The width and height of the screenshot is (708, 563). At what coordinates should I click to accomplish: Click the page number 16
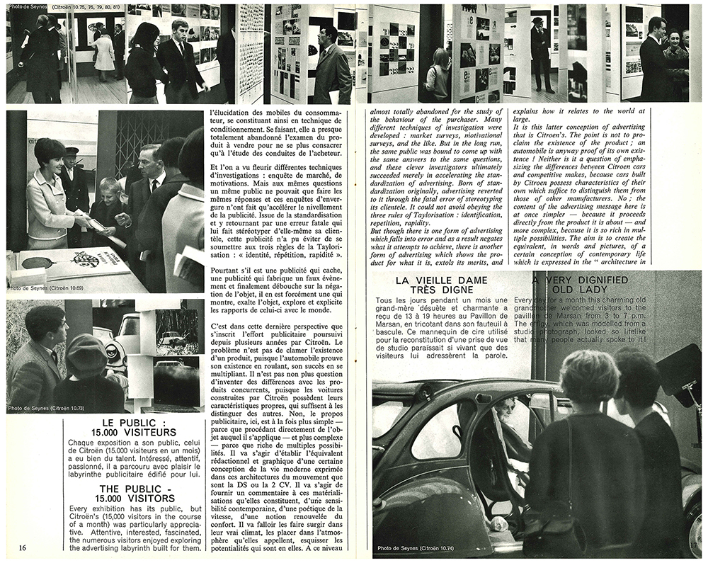click(x=23, y=547)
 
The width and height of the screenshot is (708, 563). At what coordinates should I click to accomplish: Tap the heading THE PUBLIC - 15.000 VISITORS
click(x=138, y=493)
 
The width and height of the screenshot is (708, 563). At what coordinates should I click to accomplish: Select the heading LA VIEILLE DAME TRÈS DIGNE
click(x=441, y=285)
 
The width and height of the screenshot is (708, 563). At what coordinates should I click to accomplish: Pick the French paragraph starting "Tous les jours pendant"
click(x=441, y=327)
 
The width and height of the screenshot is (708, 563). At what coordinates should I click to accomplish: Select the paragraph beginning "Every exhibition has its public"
click(x=138, y=528)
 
